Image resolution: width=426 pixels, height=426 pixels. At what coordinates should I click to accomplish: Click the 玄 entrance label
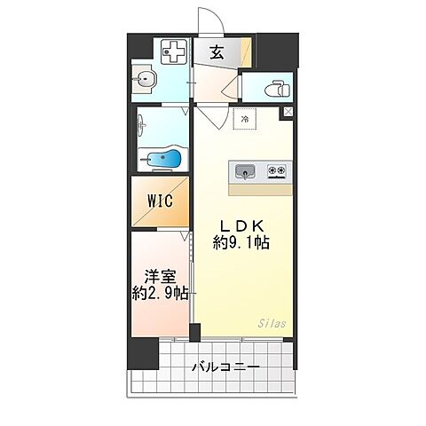[217, 52]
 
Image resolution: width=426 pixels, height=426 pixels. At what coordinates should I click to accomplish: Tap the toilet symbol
[274, 90]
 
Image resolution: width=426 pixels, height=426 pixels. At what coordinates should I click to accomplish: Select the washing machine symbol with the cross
[174, 53]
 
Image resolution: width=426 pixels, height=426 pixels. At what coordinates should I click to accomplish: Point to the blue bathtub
[164, 161]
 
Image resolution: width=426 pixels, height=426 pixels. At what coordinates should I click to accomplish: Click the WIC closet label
[160, 201]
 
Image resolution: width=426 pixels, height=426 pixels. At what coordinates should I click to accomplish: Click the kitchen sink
[247, 170]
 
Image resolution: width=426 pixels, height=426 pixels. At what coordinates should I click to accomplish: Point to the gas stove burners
[277, 170]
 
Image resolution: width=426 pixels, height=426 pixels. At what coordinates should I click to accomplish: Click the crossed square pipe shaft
[287, 113]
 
